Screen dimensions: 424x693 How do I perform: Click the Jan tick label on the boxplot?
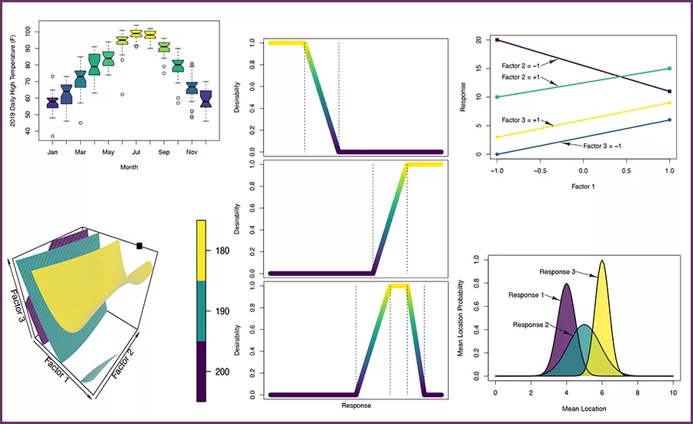click(52, 151)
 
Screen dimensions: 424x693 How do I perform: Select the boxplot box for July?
click(136, 34)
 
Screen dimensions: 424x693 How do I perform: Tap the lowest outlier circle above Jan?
click(52, 136)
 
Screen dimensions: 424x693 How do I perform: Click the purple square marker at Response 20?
click(497, 39)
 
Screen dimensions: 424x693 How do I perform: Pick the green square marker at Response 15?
click(670, 69)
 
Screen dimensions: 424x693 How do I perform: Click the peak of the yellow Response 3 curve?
click(602, 261)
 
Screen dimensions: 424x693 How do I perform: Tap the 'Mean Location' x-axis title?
click(584, 408)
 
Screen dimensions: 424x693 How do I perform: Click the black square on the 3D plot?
click(139, 246)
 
